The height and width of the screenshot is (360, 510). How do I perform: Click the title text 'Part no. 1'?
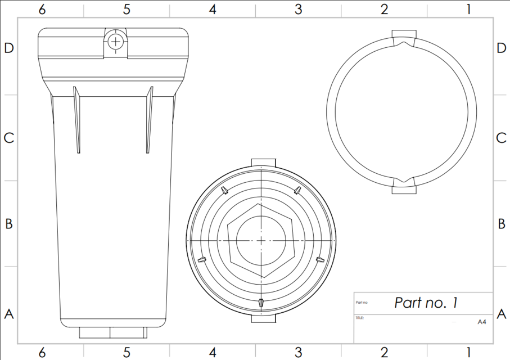click(x=426, y=303)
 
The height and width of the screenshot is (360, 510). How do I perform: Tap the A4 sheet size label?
click(x=481, y=322)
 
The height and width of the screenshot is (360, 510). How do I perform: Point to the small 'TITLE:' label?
click(x=360, y=318)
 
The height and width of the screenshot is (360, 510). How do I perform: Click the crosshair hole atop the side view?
click(x=115, y=41)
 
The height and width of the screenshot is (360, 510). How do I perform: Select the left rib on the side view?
click(x=76, y=119)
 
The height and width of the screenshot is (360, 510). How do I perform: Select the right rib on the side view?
click(x=150, y=119)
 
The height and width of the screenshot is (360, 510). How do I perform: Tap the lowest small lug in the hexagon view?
click(x=261, y=303)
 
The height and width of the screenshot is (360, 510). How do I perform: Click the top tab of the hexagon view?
click(x=263, y=163)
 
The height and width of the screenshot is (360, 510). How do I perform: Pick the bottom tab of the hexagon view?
click(x=263, y=318)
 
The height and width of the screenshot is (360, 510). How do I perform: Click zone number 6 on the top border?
click(x=42, y=9)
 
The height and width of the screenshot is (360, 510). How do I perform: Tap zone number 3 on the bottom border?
click(x=298, y=353)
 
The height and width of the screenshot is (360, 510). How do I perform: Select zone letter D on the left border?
click(x=8, y=48)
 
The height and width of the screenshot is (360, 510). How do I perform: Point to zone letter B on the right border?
click(x=502, y=223)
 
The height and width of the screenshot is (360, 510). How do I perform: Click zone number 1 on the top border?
click(x=468, y=9)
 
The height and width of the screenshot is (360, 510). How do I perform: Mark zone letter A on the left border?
click(x=8, y=314)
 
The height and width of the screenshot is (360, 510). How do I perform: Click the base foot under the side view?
click(x=113, y=332)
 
